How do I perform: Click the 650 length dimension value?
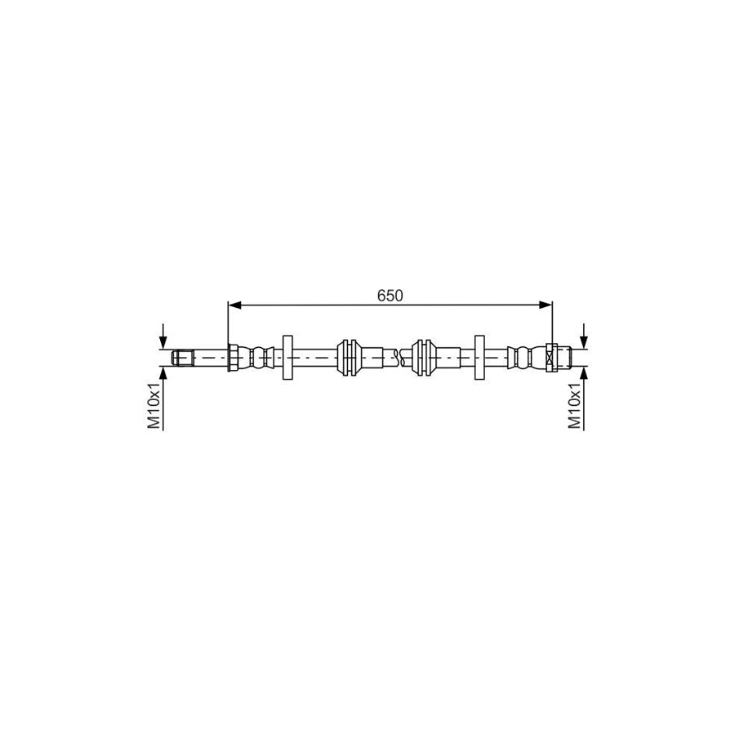click(390, 296)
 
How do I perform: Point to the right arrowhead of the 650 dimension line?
click(547, 305)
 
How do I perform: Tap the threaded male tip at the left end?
click(182, 358)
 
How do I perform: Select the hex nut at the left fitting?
click(234, 358)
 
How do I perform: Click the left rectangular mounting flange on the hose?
click(287, 358)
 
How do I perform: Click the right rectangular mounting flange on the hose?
click(479, 358)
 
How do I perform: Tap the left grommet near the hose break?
click(350, 358)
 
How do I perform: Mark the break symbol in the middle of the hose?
click(398, 356)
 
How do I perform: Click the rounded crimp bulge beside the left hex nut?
click(260, 358)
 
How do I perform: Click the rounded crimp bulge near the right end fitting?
click(518, 358)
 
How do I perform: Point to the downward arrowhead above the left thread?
click(163, 342)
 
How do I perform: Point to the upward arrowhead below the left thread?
click(163, 373)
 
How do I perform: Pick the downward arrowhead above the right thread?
click(583, 342)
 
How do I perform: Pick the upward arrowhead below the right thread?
click(583, 373)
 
